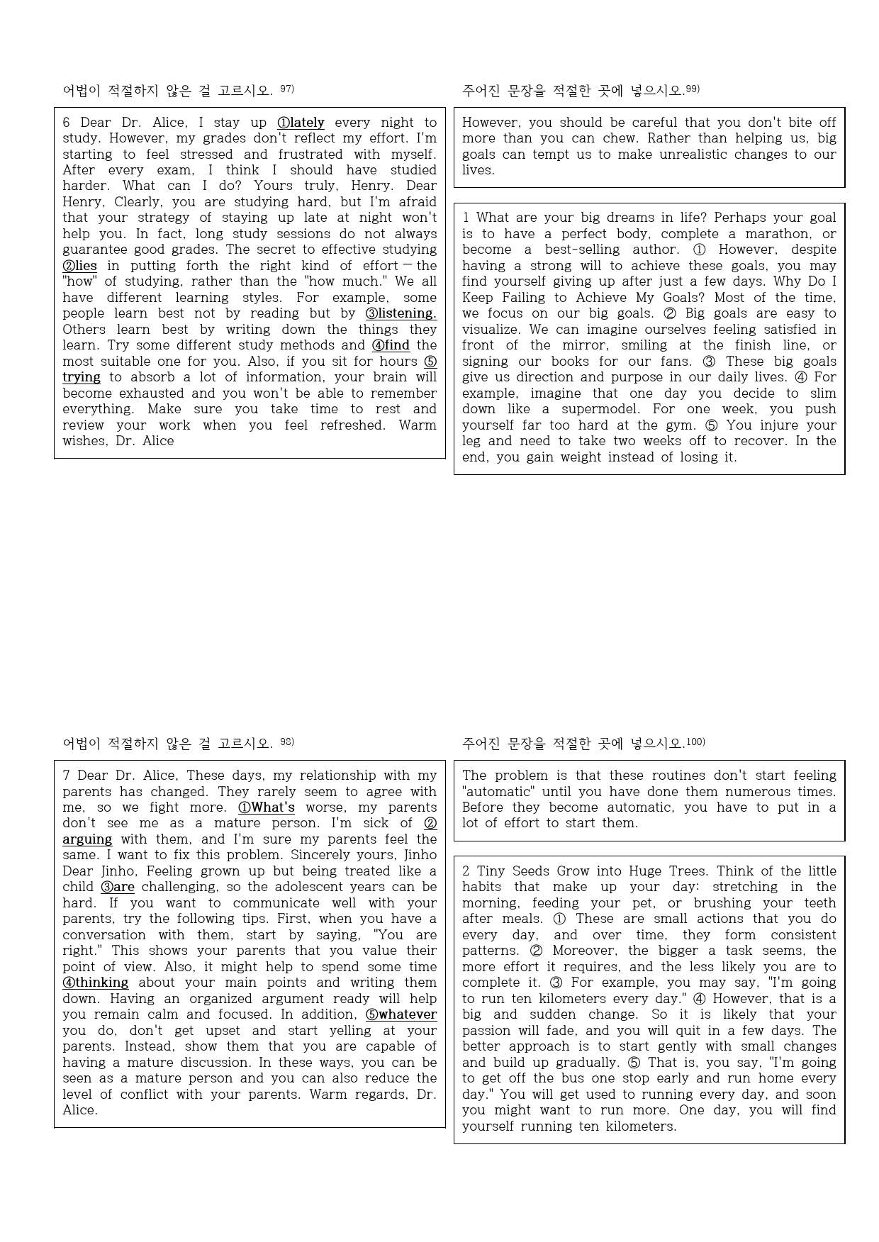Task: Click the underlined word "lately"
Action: point(307,123)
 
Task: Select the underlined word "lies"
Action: point(86,266)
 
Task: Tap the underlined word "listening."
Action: point(407,313)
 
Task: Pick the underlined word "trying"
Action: point(82,377)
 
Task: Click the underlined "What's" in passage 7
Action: point(273,807)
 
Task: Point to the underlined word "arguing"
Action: point(87,839)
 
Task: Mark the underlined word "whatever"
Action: point(408,1014)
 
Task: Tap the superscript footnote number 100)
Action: point(695,742)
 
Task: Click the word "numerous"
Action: point(746,792)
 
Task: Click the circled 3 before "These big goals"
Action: point(708,362)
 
